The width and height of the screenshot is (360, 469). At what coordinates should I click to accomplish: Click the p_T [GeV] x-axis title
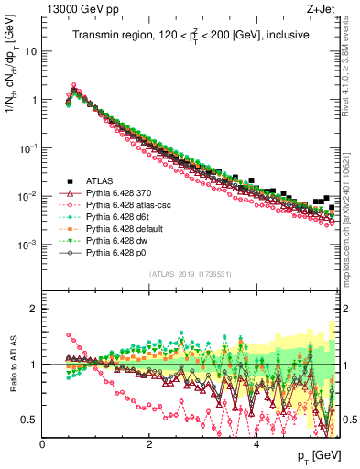(315, 455)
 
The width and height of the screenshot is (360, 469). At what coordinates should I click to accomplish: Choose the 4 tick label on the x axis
(256, 445)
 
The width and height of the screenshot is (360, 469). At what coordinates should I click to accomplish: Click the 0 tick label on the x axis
(43, 445)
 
